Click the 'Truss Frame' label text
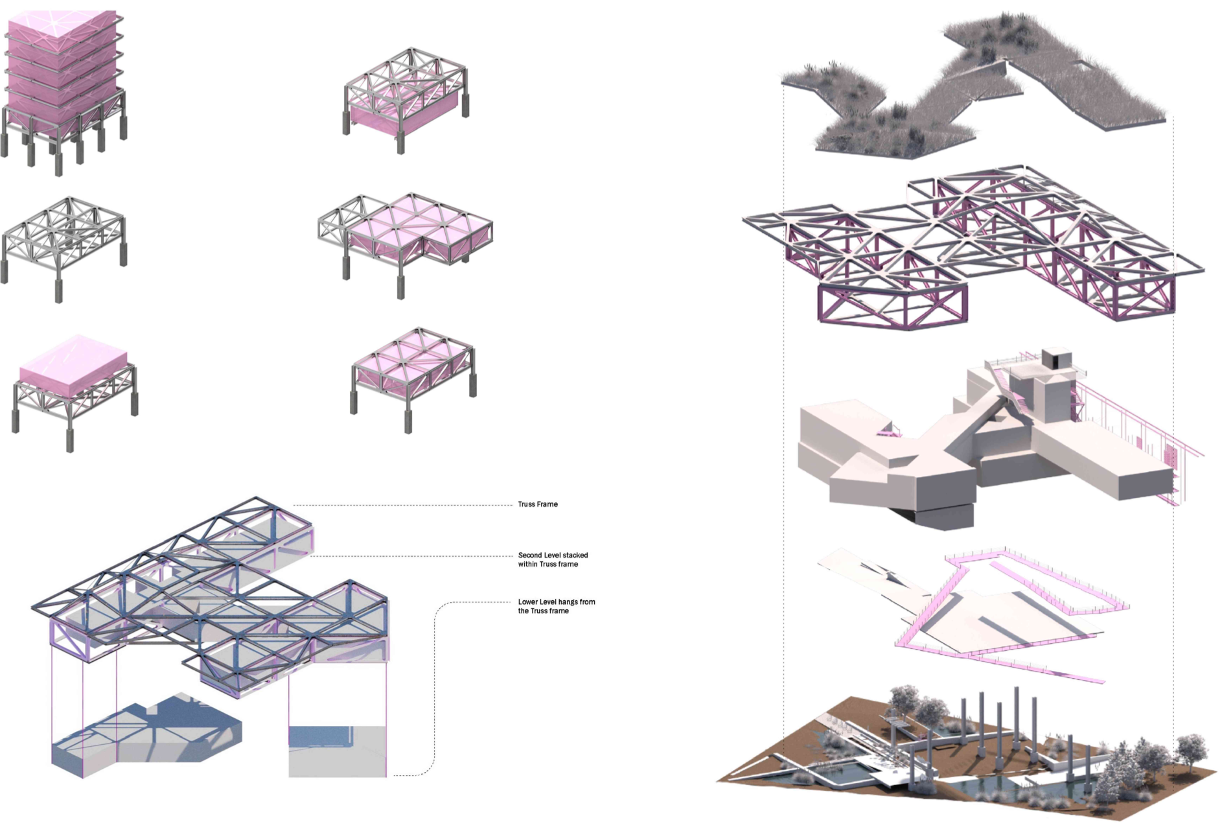pos(537,504)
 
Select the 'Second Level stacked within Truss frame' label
pos(553,559)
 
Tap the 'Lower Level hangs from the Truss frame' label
pos(556,606)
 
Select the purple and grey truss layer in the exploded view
pos(972,246)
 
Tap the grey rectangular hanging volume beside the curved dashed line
pos(337,752)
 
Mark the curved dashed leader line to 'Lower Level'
pos(435,687)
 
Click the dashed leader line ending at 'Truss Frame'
pos(402,505)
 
